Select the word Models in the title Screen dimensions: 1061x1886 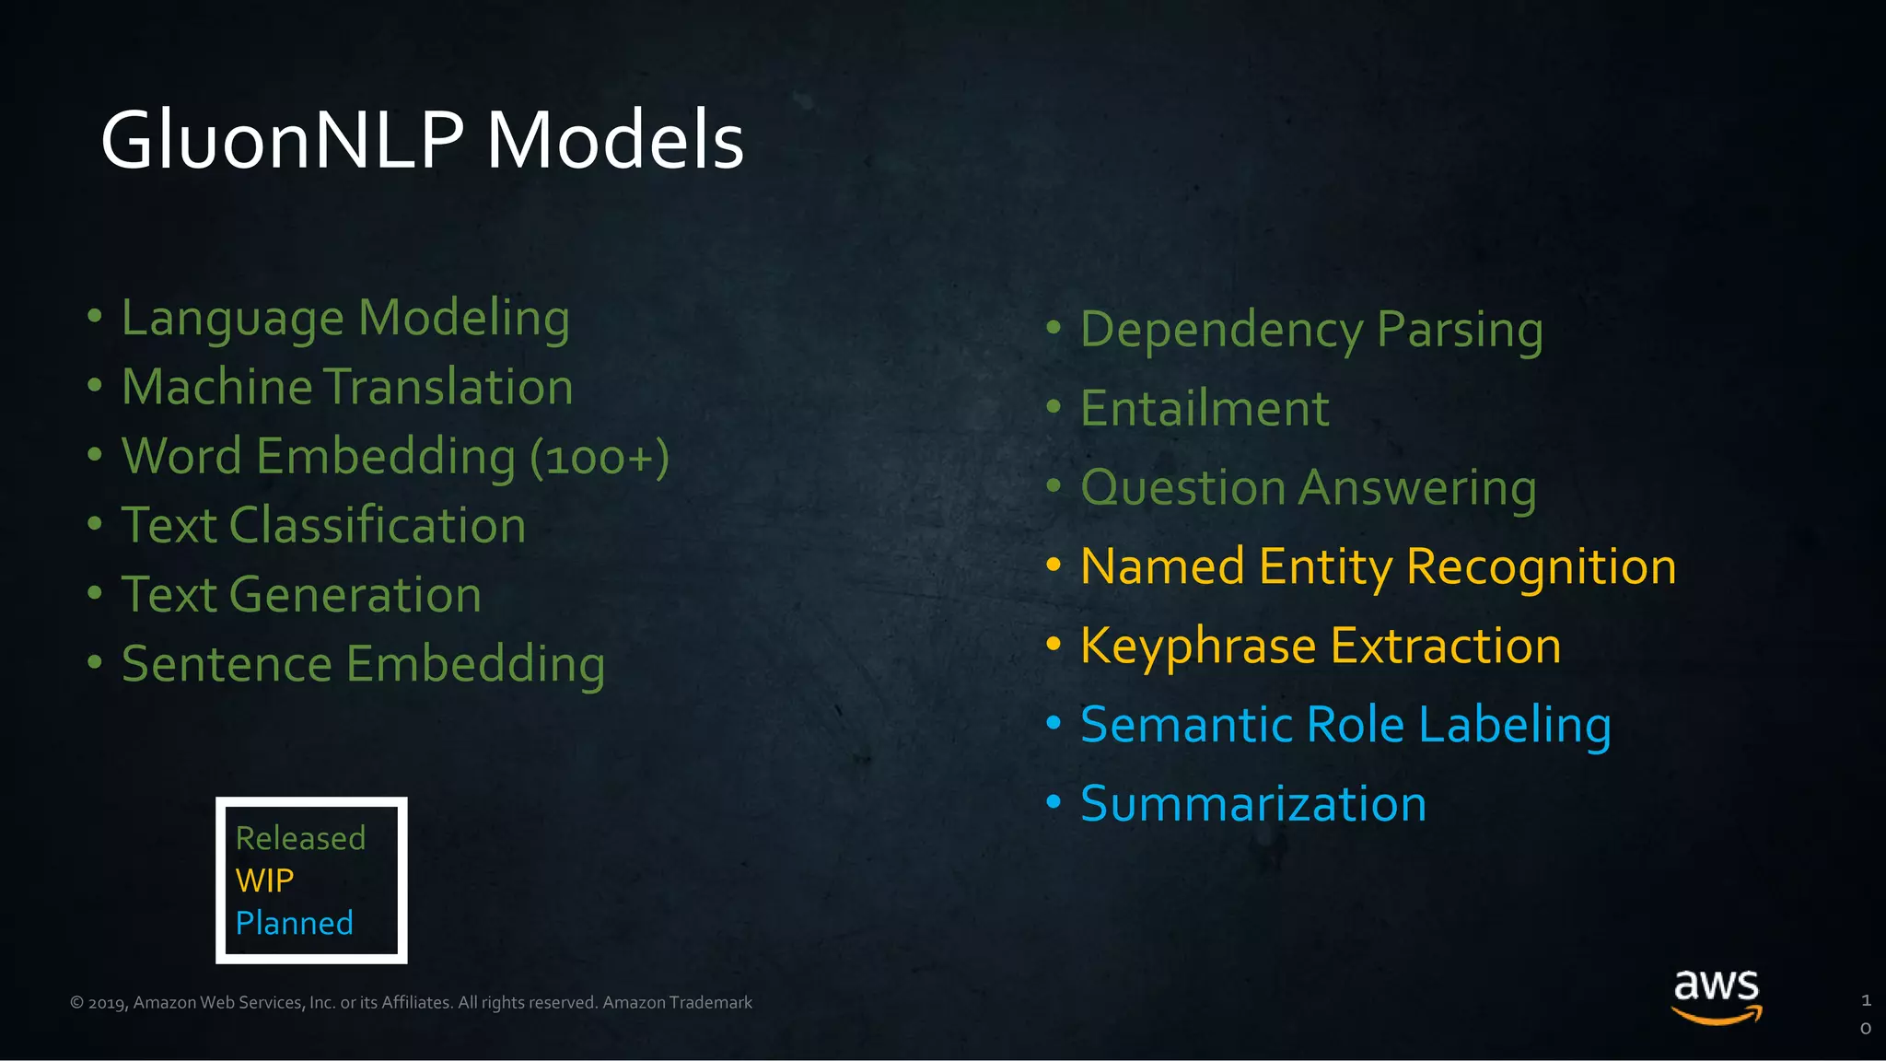(x=614, y=141)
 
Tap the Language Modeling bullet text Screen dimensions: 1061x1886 (x=345, y=319)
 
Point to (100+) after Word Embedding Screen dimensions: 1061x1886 (x=600, y=458)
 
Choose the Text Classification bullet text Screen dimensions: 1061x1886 (x=323, y=526)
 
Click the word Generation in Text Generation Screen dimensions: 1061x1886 (x=355, y=595)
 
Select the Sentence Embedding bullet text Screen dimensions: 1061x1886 (x=363, y=664)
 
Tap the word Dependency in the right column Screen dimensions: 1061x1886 (x=1221, y=331)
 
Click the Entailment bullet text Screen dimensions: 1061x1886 (x=1205, y=409)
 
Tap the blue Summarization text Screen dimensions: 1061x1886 (x=1253, y=804)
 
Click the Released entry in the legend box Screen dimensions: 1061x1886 (x=300, y=838)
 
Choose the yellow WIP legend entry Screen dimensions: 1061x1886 (x=264, y=880)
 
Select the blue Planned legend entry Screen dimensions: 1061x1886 (x=294, y=923)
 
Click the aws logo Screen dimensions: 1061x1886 (x=1717, y=995)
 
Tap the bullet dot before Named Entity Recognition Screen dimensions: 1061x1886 (x=1054, y=564)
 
